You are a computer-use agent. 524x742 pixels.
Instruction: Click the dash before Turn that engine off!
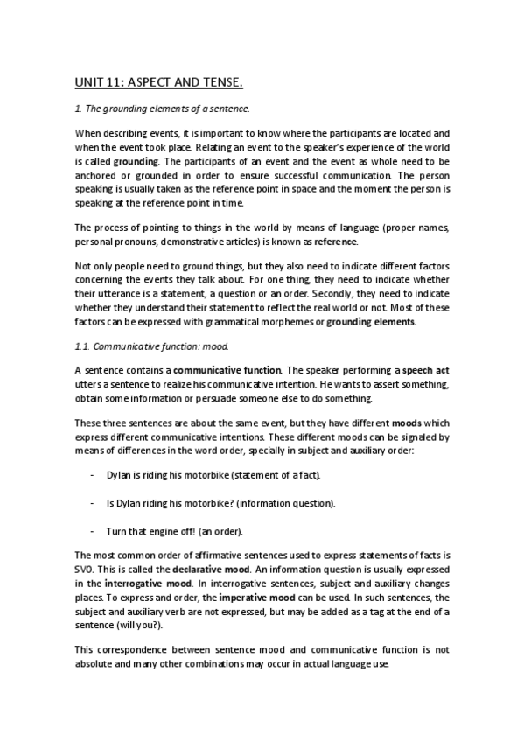[x=93, y=531]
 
